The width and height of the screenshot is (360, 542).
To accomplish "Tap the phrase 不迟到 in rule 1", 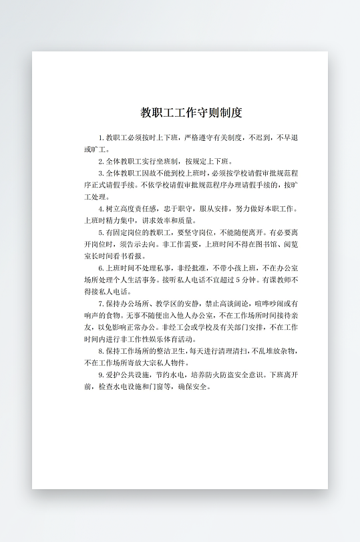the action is coord(262,138).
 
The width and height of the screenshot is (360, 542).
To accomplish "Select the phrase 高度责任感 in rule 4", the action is coord(132,209).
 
